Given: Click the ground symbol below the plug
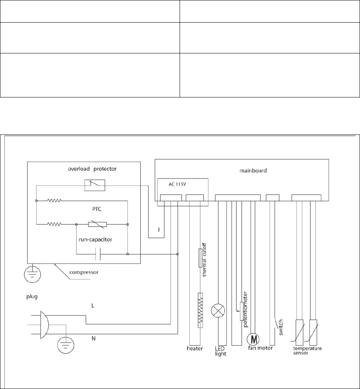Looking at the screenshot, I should [65, 345].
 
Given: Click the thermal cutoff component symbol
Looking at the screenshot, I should [200, 258].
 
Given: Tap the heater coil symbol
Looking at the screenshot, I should [200, 311].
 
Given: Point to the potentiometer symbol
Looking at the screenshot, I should [242, 311].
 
